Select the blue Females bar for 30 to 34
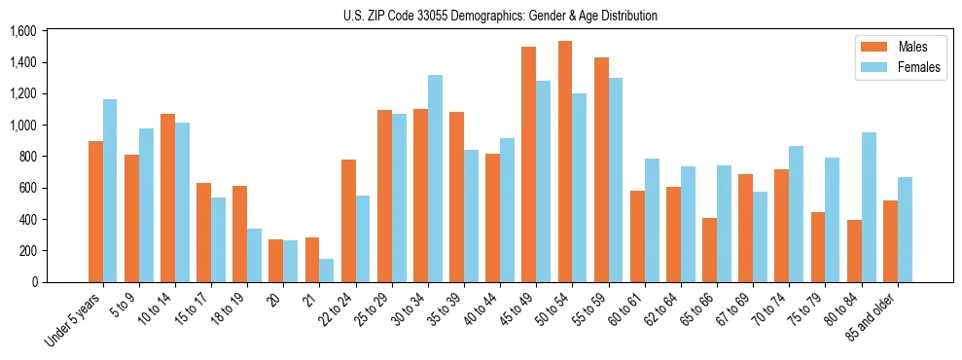435,178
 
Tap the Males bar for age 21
312,260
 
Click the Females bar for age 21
327,270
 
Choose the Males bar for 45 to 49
529,164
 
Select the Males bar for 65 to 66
710,250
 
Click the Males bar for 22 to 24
348,221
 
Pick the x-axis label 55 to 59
588,308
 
